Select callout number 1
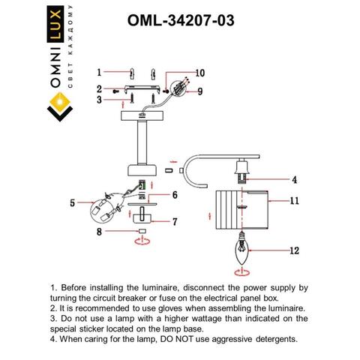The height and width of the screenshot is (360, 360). tap(98, 72)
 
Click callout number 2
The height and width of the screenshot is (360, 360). tap(98, 88)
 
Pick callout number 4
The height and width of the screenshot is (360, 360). tap(295, 180)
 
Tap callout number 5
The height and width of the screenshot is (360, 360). tap(73, 202)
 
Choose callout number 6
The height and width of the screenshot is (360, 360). tap(174, 195)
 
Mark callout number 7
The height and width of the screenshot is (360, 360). tap(175, 221)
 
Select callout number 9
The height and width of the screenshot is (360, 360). tap(201, 91)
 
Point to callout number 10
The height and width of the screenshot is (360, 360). tap(199, 73)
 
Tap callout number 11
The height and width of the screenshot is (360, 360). tap(295, 201)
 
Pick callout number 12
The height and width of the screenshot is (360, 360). tap(295, 250)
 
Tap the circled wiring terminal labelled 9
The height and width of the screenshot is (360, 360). tap(178, 88)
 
